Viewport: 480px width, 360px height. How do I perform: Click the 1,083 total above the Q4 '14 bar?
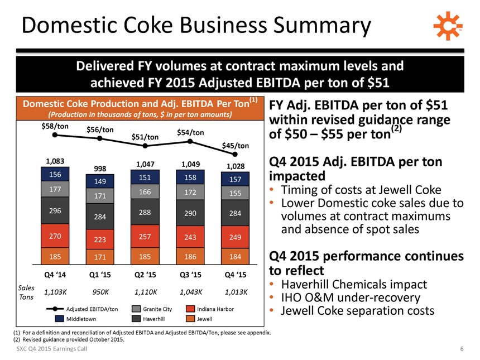tap(55, 161)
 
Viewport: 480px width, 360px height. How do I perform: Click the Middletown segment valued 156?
tap(55, 174)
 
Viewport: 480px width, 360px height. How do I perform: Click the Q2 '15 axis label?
tap(145, 275)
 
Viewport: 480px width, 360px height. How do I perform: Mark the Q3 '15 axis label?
tap(190, 275)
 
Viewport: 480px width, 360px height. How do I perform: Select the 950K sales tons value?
tap(99, 291)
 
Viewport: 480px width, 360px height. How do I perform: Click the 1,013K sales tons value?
tap(235, 291)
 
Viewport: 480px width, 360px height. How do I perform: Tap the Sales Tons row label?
tap(26, 291)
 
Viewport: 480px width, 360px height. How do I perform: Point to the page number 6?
tap(462, 349)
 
